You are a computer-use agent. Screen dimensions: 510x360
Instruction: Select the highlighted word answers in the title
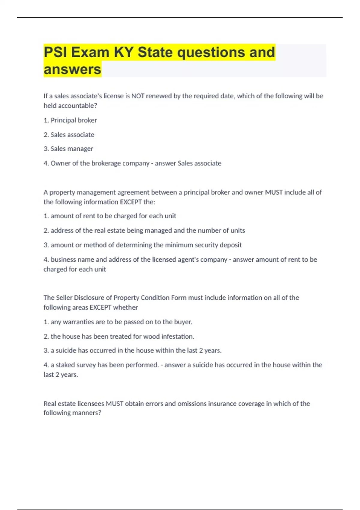72,69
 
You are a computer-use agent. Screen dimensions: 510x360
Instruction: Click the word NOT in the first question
138,96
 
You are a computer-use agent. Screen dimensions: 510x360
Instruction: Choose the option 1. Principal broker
70,120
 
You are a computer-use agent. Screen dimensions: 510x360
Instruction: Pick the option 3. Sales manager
68,149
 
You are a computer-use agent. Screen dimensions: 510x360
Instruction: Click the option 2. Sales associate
69,135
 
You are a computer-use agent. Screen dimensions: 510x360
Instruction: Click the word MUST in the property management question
274,192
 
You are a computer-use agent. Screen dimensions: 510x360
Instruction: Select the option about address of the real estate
144,230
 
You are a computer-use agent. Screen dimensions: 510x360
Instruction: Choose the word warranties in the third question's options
72,322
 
